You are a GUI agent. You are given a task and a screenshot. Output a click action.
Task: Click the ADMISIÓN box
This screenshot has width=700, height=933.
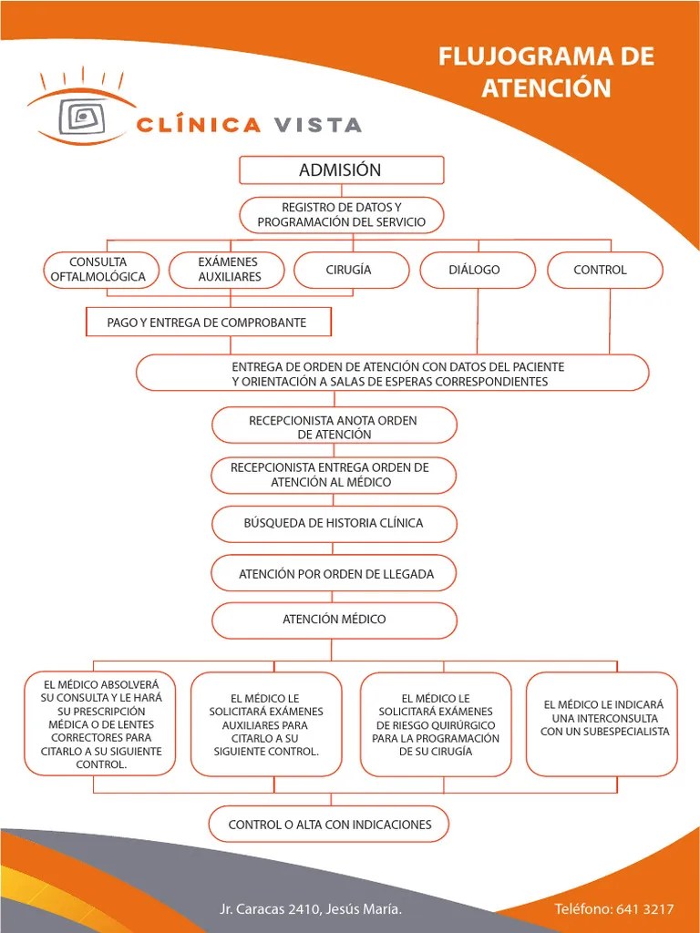341,170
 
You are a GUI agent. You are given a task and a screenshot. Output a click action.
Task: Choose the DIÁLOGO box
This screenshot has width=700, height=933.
474,270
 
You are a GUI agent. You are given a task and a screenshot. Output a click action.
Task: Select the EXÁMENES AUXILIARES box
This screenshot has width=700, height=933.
229,270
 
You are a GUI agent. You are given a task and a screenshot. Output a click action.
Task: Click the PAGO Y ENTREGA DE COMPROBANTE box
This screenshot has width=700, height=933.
208,323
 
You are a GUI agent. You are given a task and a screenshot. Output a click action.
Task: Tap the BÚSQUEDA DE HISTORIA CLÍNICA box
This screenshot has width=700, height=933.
334,523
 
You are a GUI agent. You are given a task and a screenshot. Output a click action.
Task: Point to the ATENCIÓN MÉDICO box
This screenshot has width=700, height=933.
334,620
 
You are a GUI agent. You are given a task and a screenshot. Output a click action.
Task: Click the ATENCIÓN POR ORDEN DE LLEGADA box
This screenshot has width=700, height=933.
334,574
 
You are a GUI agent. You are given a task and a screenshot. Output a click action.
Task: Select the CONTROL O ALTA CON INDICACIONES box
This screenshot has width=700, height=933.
330,825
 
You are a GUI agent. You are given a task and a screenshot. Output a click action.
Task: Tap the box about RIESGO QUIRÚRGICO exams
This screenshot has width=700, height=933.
436,724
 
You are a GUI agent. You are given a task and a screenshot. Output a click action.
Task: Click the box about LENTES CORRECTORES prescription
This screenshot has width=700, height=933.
100,724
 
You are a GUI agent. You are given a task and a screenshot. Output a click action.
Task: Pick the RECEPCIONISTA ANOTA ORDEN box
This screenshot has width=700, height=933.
334,426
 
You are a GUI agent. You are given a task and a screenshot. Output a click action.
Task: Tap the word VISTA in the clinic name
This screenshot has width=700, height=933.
315,126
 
